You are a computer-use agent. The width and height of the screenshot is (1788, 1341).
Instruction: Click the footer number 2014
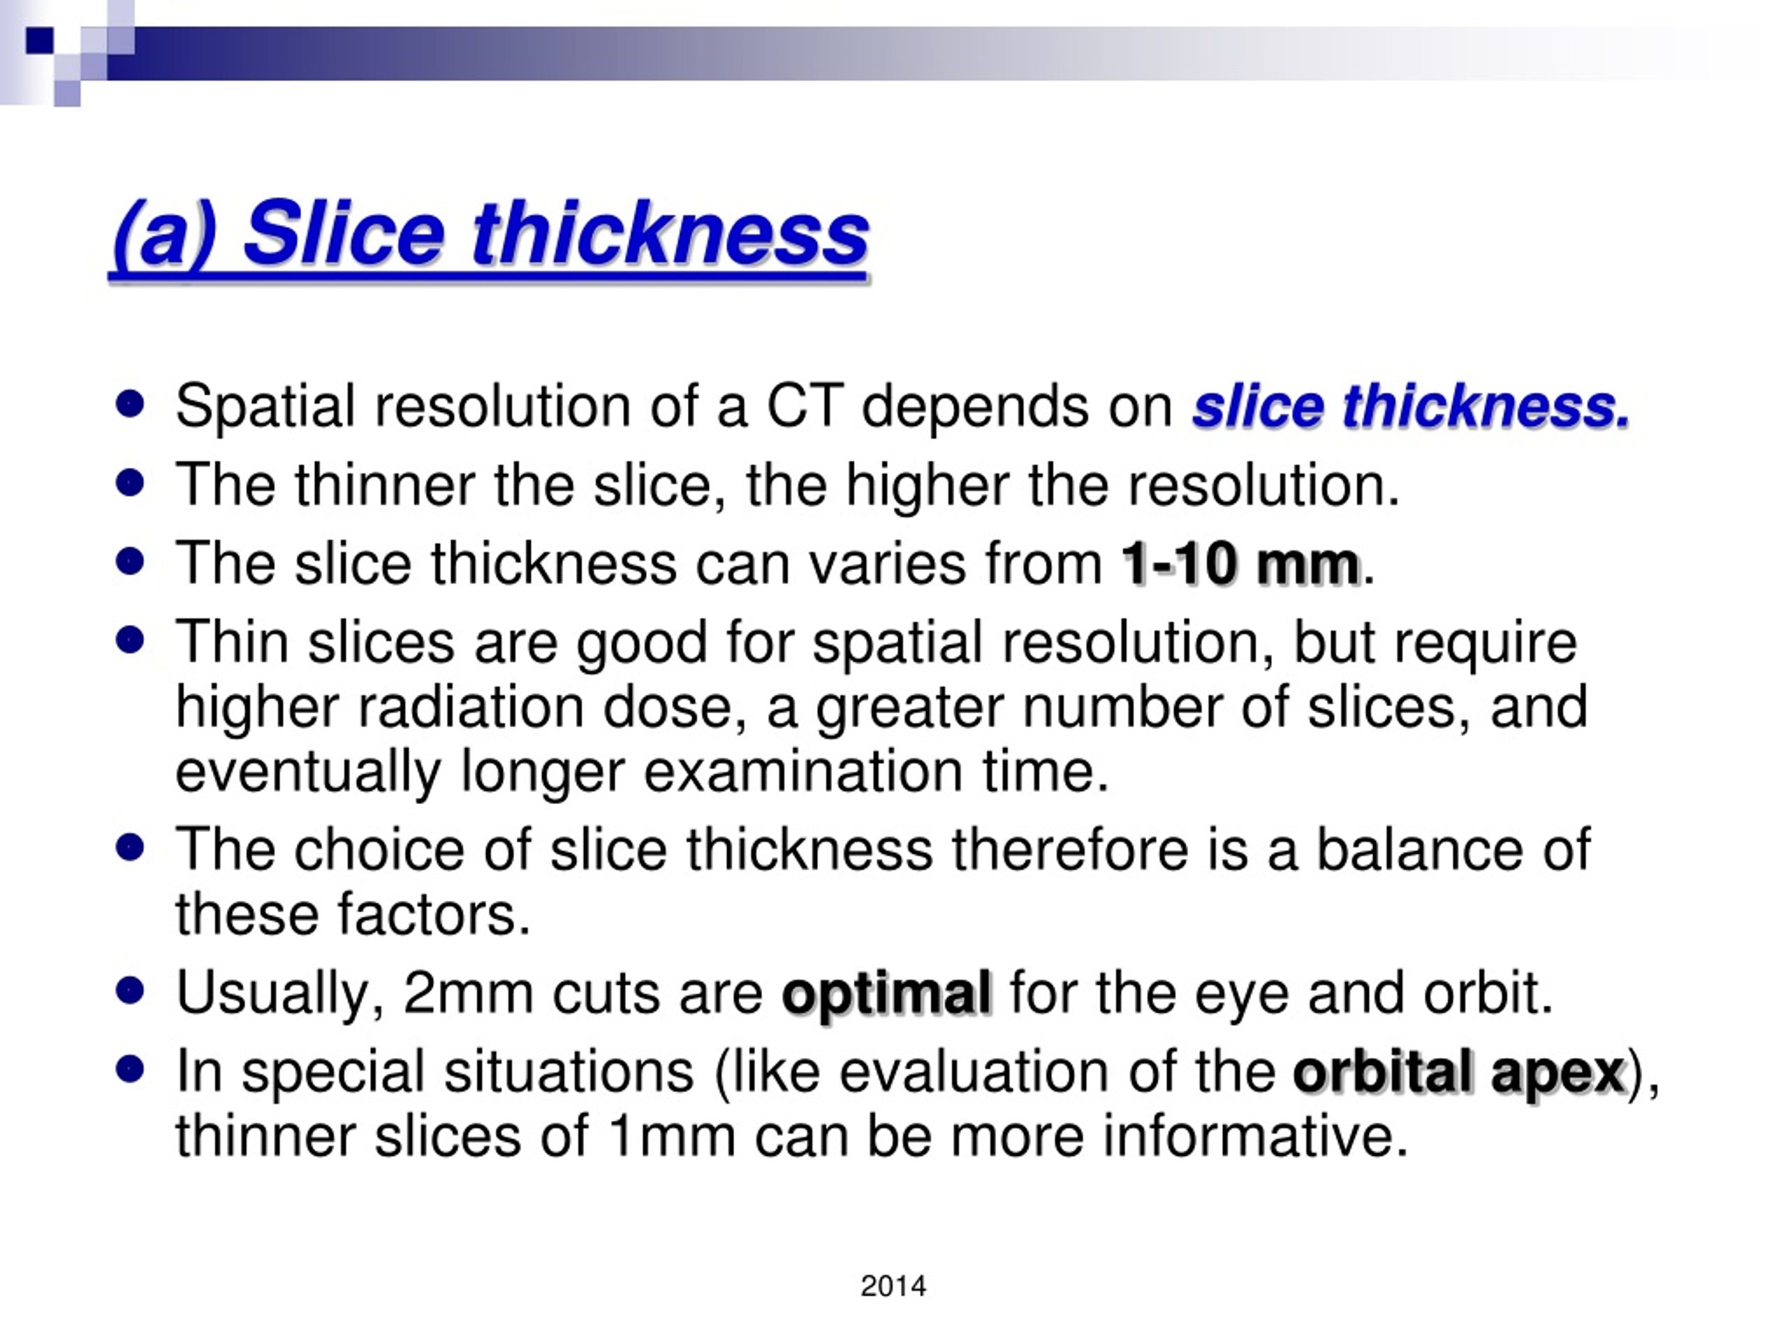click(x=893, y=1286)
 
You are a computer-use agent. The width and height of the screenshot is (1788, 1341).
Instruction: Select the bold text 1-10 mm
click(x=1240, y=564)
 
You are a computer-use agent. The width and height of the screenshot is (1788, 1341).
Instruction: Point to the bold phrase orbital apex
click(x=1458, y=1073)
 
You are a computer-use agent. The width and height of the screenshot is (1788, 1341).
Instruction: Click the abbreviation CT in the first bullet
click(x=805, y=406)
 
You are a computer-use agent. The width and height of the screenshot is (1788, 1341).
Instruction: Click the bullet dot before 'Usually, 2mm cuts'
click(x=129, y=990)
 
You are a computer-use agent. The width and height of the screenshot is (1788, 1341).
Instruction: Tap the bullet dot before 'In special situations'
click(x=129, y=1069)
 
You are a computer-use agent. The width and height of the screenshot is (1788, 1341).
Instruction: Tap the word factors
click(x=433, y=914)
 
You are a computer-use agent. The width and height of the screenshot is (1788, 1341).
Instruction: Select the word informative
click(x=1254, y=1136)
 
